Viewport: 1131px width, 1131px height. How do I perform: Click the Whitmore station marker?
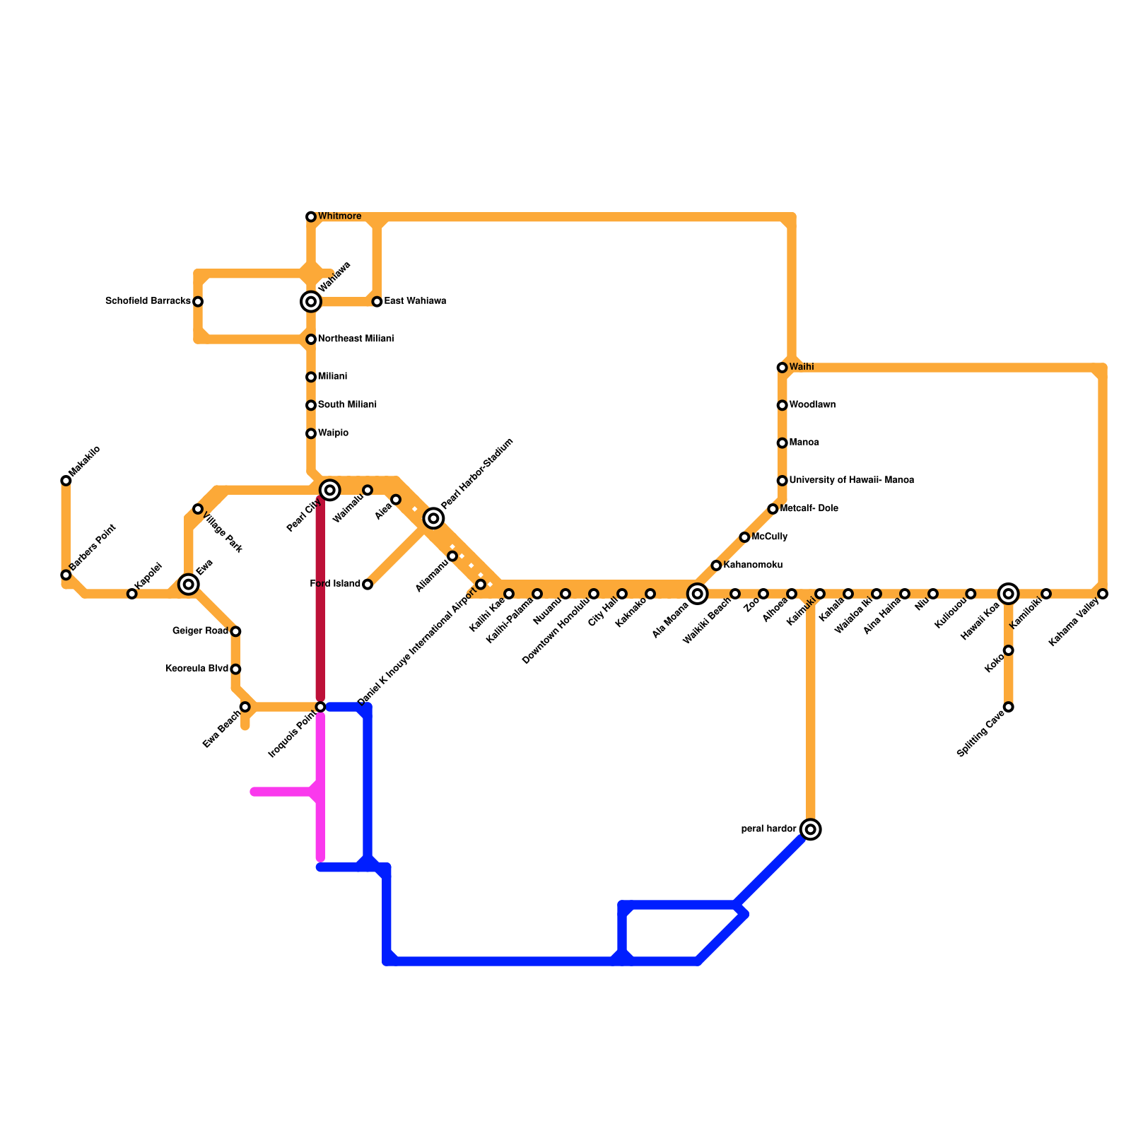(x=311, y=216)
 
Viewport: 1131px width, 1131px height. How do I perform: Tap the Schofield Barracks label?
(x=148, y=301)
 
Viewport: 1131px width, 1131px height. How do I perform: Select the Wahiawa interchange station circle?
(x=311, y=302)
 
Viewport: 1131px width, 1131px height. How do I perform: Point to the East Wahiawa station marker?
(x=377, y=302)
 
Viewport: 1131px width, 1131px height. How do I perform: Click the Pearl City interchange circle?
(x=329, y=489)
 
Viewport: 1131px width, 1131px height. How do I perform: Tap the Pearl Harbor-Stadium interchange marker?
(x=434, y=519)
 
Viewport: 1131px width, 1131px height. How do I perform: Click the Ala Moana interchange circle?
(x=698, y=594)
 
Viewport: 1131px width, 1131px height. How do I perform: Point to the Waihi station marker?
(x=782, y=368)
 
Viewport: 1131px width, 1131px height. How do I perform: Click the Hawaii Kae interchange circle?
(x=1009, y=594)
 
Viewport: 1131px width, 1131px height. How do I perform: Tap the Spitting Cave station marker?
(x=1009, y=707)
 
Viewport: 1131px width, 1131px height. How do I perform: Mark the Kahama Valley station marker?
(x=1103, y=594)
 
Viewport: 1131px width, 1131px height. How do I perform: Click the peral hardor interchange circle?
(x=811, y=829)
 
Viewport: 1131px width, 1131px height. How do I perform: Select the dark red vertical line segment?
(x=320, y=601)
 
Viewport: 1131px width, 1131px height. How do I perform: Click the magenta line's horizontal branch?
(x=283, y=792)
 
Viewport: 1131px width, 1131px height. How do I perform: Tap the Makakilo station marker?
(x=66, y=481)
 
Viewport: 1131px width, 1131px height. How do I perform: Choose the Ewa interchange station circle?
(x=188, y=584)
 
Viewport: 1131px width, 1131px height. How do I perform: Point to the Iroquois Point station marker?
(x=320, y=707)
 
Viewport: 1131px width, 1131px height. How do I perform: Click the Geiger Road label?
(x=200, y=631)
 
